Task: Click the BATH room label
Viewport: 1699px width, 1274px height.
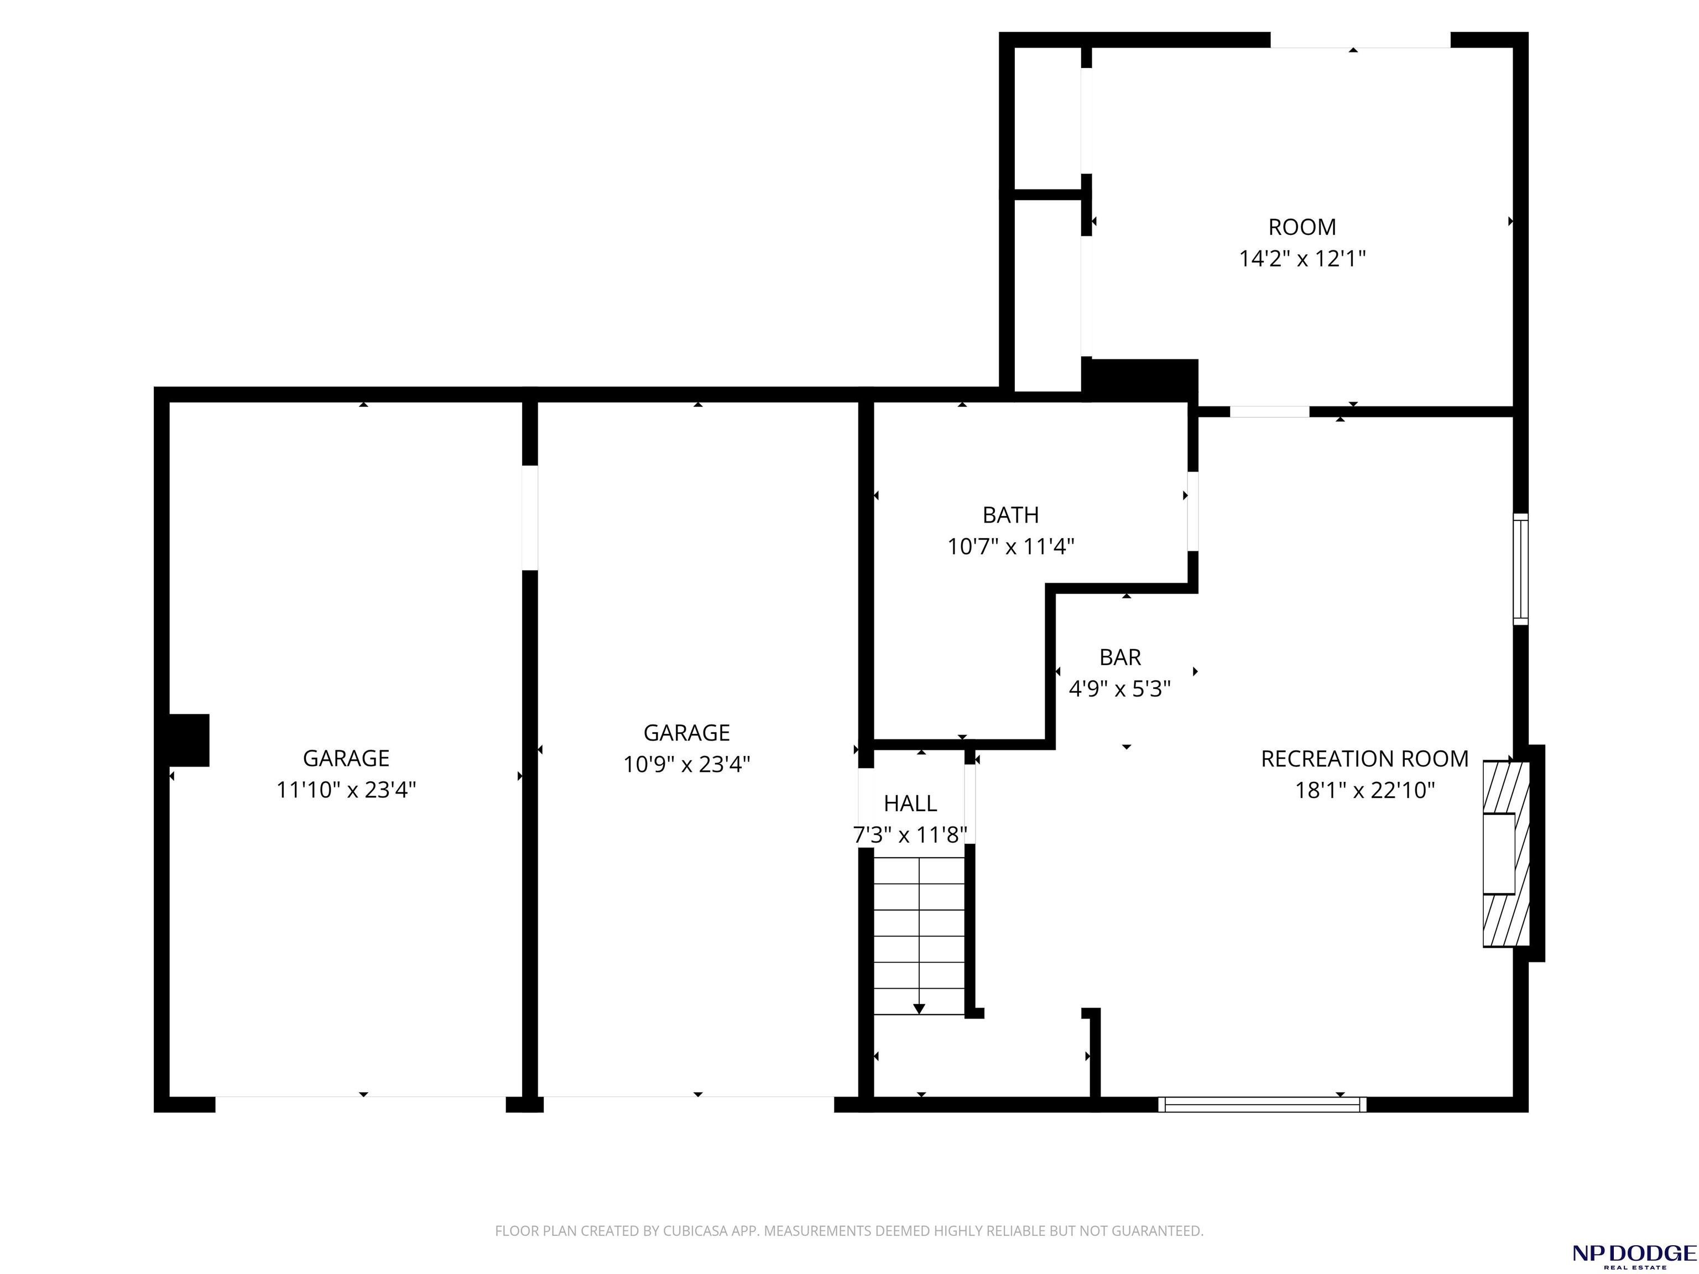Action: pos(1011,514)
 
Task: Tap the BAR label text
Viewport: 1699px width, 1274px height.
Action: pos(1120,657)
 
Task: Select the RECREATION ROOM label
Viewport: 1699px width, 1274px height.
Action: pos(1365,759)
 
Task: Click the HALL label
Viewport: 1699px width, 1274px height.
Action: pos(910,803)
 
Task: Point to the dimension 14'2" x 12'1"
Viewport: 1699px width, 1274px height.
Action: pos(1302,259)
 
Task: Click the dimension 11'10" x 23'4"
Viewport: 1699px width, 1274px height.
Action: pos(346,790)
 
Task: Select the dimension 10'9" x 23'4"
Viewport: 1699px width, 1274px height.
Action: pos(687,765)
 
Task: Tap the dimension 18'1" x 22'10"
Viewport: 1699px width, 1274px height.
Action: pos(1365,790)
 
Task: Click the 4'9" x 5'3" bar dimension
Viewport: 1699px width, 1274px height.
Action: pos(1120,689)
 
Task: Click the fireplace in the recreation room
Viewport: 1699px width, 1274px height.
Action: pos(1505,853)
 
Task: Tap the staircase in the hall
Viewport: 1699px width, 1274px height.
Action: pos(919,936)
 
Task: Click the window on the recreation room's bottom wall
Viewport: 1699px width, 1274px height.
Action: pos(1263,1104)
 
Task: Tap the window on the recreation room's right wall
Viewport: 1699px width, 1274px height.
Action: pos(1521,569)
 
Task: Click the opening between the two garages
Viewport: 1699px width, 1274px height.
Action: pos(530,518)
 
